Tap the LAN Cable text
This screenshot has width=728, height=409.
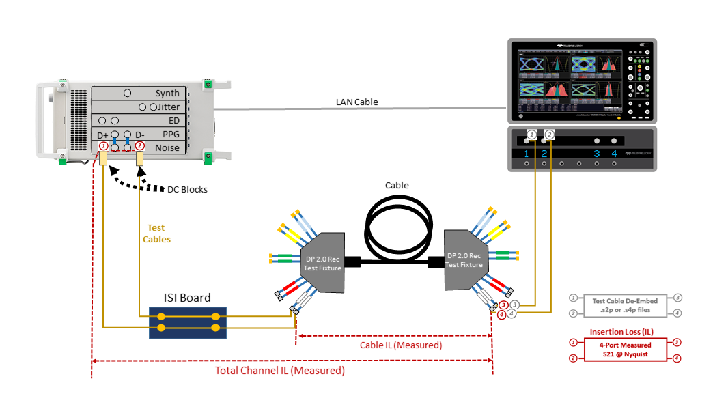[356, 102]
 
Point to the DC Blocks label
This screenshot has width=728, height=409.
[188, 189]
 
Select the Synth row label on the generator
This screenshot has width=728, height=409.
[167, 94]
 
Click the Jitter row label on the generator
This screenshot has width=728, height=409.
[169, 107]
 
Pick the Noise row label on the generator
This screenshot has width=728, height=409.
[167, 147]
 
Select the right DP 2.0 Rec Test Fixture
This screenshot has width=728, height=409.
[465, 260]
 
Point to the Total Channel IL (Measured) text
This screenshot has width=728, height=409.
[280, 371]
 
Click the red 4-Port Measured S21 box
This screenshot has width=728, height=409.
[626, 350]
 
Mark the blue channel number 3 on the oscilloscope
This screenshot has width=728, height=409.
[597, 154]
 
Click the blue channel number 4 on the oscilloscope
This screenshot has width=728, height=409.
[615, 154]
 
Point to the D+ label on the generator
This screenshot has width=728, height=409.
[103, 135]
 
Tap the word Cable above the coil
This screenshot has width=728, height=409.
[397, 185]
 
